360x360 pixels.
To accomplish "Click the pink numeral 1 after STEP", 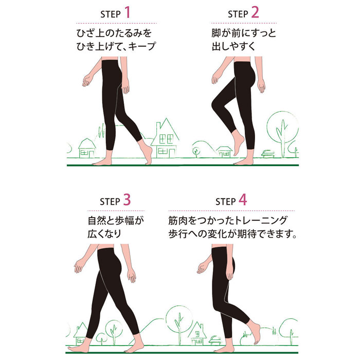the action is pyautogui.click(x=128, y=12).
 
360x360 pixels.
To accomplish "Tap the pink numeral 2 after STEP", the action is pyautogui.click(x=255, y=12).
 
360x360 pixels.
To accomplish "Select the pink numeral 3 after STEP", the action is pyautogui.click(x=127, y=200).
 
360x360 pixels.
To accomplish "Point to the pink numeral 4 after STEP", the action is pyautogui.click(x=243, y=200).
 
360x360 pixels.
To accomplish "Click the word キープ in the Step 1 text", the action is pyautogui.click(x=142, y=46).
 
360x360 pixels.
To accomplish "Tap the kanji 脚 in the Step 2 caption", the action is pyautogui.click(x=217, y=33).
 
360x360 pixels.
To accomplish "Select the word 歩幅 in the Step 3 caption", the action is pyautogui.click(x=124, y=221).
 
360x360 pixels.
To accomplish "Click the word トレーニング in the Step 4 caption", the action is pyautogui.click(x=260, y=221).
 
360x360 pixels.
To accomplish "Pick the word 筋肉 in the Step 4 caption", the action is pyautogui.click(x=178, y=221).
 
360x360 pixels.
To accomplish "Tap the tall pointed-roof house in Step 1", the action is pyautogui.click(x=165, y=139).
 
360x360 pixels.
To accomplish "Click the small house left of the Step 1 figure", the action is pyautogui.click(x=87, y=148).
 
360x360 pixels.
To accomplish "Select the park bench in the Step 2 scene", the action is pyautogui.click(x=268, y=154).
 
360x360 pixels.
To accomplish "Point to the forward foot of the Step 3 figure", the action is pyautogui.click(x=78, y=347).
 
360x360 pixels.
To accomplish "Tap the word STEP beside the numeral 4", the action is pyautogui.click(x=225, y=202).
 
